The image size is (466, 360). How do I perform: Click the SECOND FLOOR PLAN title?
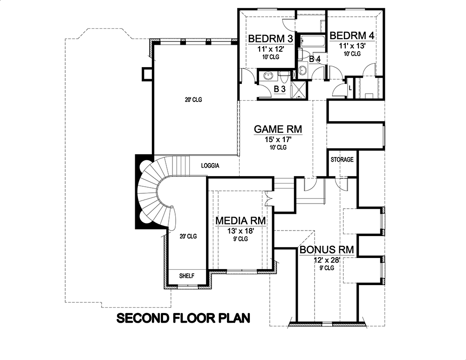(x=184, y=319)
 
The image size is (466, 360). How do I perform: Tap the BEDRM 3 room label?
(x=266, y=38)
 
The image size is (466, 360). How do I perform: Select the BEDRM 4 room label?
(x=352, y=35)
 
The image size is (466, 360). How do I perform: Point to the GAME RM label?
(x=278, y=129)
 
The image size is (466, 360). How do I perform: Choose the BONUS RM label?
(x=326, y=250)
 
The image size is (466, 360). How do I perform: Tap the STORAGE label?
(x=342, y=160)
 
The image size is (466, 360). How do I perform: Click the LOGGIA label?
(x=210, y=165)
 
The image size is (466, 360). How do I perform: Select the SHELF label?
(x=186, y=276)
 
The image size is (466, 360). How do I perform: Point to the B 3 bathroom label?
(x=279, y=88)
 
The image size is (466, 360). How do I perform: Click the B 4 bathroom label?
(x=315, y=59)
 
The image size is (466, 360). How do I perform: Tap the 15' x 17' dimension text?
(x=278, y=139)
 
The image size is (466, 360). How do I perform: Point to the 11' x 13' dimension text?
(x=352, y=46)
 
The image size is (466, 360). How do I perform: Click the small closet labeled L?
(x=350, y=88)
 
